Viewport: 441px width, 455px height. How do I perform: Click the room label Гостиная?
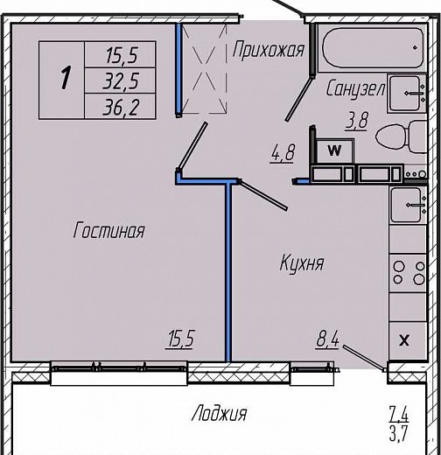tap(108, 230)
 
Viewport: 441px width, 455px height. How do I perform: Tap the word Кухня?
tap(302, 263)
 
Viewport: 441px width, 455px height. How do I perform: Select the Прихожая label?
tap(269, 50)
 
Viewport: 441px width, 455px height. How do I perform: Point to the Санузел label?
tap(356, 88)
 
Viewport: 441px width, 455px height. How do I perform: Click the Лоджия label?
tap(219, 413)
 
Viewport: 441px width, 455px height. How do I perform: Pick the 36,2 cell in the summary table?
tap(120, 107)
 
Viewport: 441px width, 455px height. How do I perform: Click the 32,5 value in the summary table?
tap(120, 80)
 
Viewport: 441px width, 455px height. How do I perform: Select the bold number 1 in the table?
tap(66, 78)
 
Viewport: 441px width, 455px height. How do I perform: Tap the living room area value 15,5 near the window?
tap(179, 339)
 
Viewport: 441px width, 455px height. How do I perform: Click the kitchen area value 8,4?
tap(327, 339)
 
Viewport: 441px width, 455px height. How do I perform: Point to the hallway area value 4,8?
tap(283, 153)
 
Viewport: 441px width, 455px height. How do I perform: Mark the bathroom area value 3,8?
tap(356, 121)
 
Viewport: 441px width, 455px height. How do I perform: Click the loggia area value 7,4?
tap(399, 415)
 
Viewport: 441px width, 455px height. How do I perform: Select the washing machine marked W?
tap(335, 150)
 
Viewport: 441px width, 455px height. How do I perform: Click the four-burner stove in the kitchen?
tap(408, 273)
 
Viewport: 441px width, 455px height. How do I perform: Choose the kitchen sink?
tap(407, 206)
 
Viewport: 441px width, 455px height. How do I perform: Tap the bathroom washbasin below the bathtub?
tap(407, 94)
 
